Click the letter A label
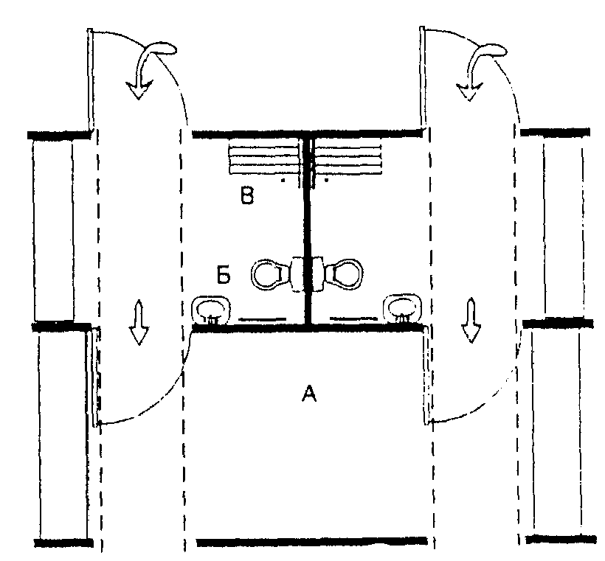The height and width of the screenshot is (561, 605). tap(309, 393)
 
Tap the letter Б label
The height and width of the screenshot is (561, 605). tap(224, 275)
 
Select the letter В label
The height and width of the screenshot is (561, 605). tap(247, 195)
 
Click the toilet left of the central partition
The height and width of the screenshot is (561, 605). tap(270, 274)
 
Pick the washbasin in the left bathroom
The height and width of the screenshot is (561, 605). tap(211, 310)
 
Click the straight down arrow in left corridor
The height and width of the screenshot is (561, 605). tap(139, 322)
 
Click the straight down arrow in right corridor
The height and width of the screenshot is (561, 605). tap(471, 320)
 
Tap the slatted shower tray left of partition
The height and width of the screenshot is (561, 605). tap(265, 160)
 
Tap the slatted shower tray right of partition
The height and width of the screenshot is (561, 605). tap(348, 160)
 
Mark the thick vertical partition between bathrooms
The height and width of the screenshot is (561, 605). tap(308, 231)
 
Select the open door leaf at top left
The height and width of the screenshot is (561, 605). tap(90, 79)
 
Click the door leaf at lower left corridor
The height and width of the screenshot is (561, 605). tap(94, 376)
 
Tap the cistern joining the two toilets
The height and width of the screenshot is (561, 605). tap(307, 274)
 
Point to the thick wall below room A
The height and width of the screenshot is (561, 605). tap(312, 542)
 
